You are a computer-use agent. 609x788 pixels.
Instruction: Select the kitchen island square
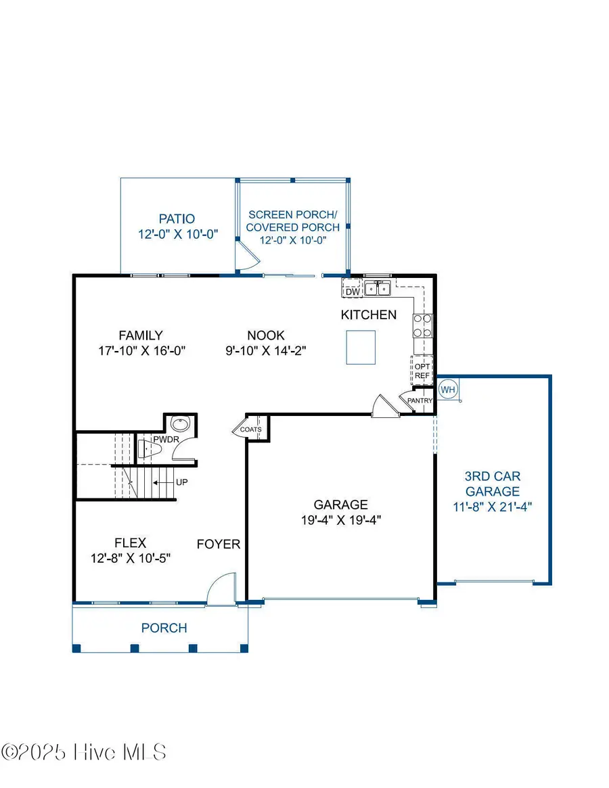[x=361, y=347]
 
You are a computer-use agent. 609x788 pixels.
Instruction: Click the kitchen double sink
[x=378, y=289]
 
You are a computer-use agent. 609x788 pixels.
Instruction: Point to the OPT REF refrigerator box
[x=422, y=371]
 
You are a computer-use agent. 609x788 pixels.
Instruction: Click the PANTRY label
[x=420, y=401]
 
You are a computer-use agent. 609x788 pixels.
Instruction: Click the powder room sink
[x=180, y=424]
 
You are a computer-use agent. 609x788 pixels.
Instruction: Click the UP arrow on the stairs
[x=160, y=483]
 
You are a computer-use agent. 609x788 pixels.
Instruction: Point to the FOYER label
[x=218, y=544]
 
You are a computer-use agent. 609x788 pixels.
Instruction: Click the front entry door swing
[x=219, y=587]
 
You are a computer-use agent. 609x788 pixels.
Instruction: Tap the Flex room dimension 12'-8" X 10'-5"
[x=130, y=558]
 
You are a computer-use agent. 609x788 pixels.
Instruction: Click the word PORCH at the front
[x=164, y=628]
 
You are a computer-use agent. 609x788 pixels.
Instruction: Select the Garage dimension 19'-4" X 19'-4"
[x=340, y=519]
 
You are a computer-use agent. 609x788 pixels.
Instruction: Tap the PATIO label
[x=177, y=219]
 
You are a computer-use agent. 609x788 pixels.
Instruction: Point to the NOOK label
[x=266, y=335]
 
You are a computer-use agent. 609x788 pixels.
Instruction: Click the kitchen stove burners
[x=422, y=325]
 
